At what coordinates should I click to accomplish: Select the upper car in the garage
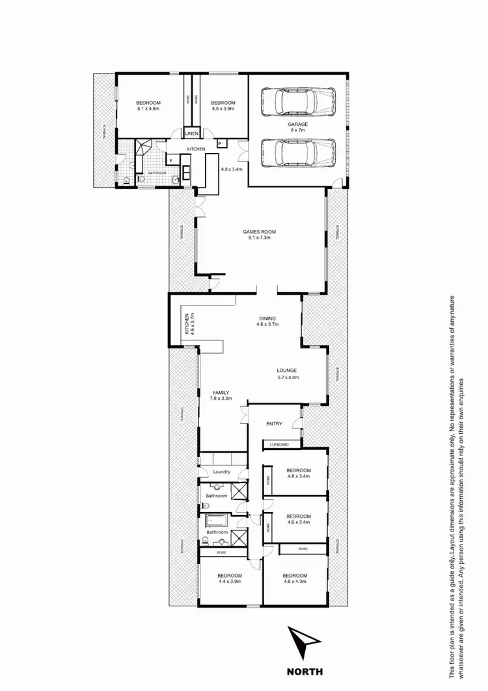297,102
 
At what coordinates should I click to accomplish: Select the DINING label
267,318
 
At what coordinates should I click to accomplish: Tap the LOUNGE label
287,371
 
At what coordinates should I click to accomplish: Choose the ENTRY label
274,424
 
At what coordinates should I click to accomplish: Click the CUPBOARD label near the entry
282,445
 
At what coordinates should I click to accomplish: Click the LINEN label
191,134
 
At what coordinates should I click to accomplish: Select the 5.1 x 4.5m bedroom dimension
149,109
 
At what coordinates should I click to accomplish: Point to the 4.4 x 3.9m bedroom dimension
230,582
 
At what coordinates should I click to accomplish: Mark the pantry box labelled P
220,143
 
